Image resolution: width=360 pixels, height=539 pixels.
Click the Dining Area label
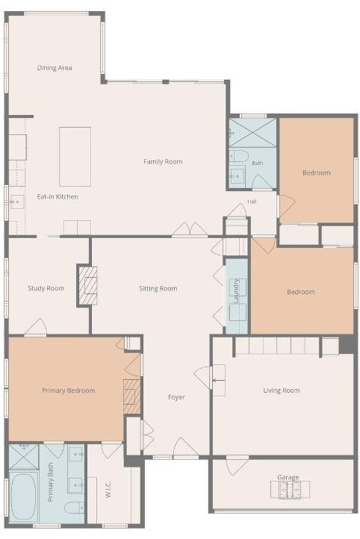point(55,68)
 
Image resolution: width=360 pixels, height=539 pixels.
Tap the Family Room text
point(163,161)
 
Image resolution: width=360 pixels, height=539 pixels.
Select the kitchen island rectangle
point(75,157)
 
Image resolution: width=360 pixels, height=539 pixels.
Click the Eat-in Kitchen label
point(58,196)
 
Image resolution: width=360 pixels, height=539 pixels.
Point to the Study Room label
point(46,288)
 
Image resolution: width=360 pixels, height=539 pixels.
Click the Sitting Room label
point(158,288)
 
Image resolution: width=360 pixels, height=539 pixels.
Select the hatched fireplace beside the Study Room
point(88,286)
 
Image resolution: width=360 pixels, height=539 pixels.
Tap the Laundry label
point(237,291)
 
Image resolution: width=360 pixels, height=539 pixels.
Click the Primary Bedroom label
point(69,390)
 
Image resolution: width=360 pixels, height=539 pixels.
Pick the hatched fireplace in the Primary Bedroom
point(131,396)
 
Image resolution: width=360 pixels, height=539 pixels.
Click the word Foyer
point(176,397)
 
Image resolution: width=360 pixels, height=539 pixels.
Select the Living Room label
point(282,390)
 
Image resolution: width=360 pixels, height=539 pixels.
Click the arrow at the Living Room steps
point(219,380)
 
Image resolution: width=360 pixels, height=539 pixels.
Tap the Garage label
point(288,477)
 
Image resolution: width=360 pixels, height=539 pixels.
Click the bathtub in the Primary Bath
point(23,497)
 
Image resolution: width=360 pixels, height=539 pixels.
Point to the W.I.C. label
point(108,490)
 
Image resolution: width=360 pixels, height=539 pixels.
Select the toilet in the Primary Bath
point(74,508)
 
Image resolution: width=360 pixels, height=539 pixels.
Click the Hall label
point(252,202)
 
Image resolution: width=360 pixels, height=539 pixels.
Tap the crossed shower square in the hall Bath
point(252,134)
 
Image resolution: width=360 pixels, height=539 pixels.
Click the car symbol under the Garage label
point(290,490)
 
